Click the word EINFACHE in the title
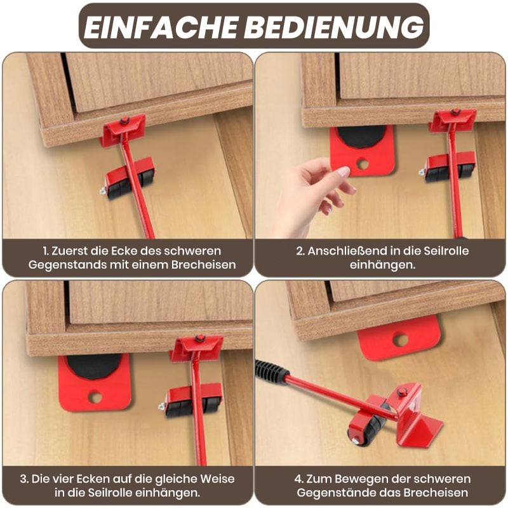[x=161, y=26]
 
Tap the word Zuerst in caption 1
[x=69, y=251]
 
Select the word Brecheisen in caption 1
[x=203, y=265]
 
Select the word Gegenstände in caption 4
[x=335, y=493]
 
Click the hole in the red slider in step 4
[x=400, y=339]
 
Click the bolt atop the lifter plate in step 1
[x=123, y=121]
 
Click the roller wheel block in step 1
[x=128, y=179]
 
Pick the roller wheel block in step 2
[x=447, y=168]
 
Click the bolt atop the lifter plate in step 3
[x=199, y=338]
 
